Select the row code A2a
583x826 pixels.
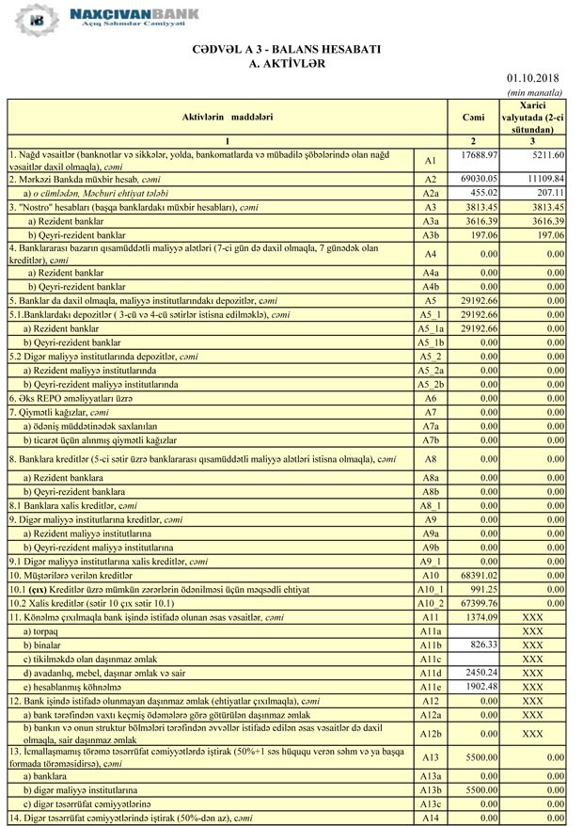tap(431, 193)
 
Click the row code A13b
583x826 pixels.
tap(431, 792)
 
